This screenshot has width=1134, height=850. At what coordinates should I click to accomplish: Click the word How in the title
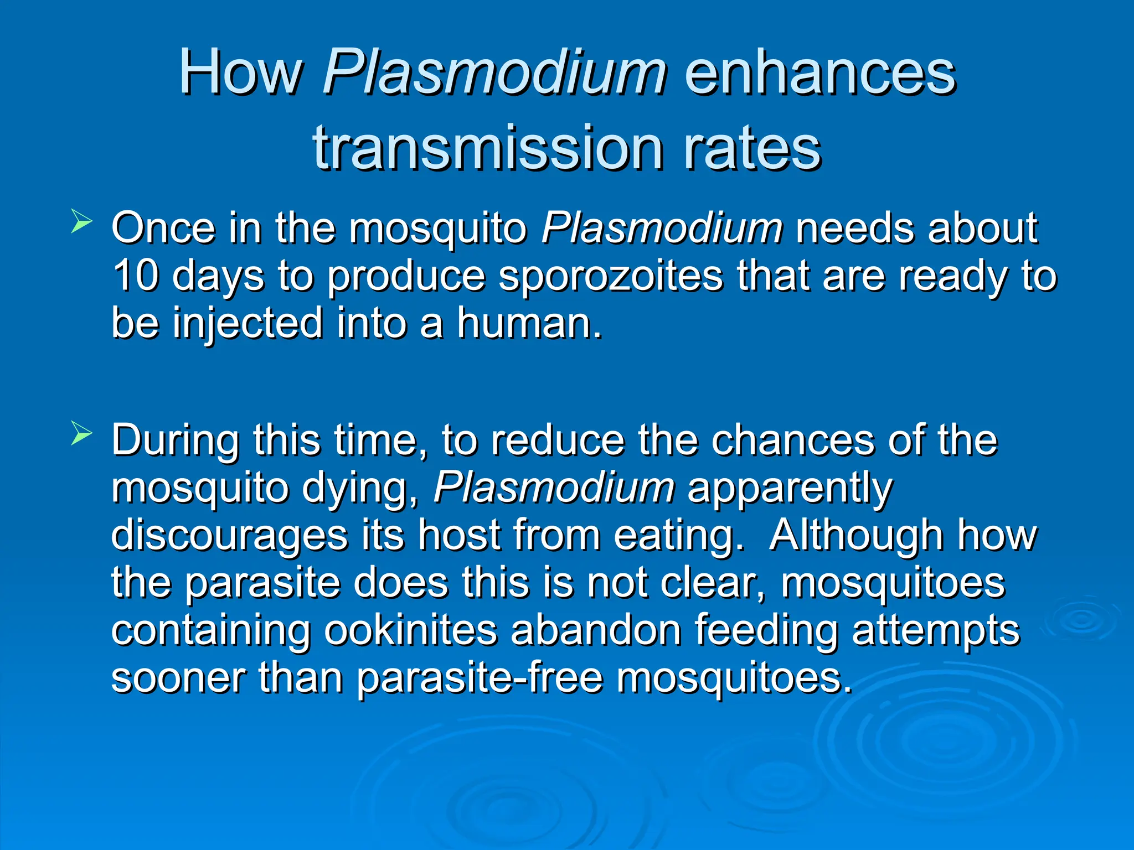coord(241,73)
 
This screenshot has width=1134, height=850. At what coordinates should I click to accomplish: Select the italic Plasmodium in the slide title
coord(494,73)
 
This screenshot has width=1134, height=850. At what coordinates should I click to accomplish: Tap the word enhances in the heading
coord(820,73)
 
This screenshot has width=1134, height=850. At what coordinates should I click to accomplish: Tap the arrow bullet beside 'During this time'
coord(81,434)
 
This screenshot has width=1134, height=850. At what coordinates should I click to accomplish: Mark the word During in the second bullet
coord(176,440)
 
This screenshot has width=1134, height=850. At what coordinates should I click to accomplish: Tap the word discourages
coord(229,536)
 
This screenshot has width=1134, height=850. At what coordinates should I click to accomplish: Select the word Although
coord(856,536)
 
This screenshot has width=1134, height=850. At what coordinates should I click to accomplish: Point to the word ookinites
coord(410,631)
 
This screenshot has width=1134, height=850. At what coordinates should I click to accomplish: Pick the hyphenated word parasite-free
coord(480,678)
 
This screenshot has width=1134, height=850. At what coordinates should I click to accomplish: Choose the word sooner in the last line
coord(178,678)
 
